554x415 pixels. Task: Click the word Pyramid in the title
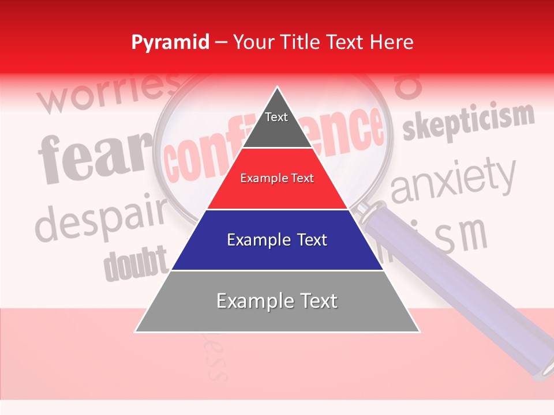pyautogui.click(x=170, y=43)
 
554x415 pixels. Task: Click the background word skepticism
pyautogui.click(x=467, y=122)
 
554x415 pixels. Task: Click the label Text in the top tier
pyautogui.click(x=276, y=117)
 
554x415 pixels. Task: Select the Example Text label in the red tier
pyautogui.click(x=277, y=178)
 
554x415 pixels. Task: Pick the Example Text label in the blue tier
pyautogui.click(x=277, y=240)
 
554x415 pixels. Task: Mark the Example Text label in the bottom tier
pyautogui.click(x=277, y=301)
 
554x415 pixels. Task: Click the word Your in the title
pyautogui.click(x=253, y=42)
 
